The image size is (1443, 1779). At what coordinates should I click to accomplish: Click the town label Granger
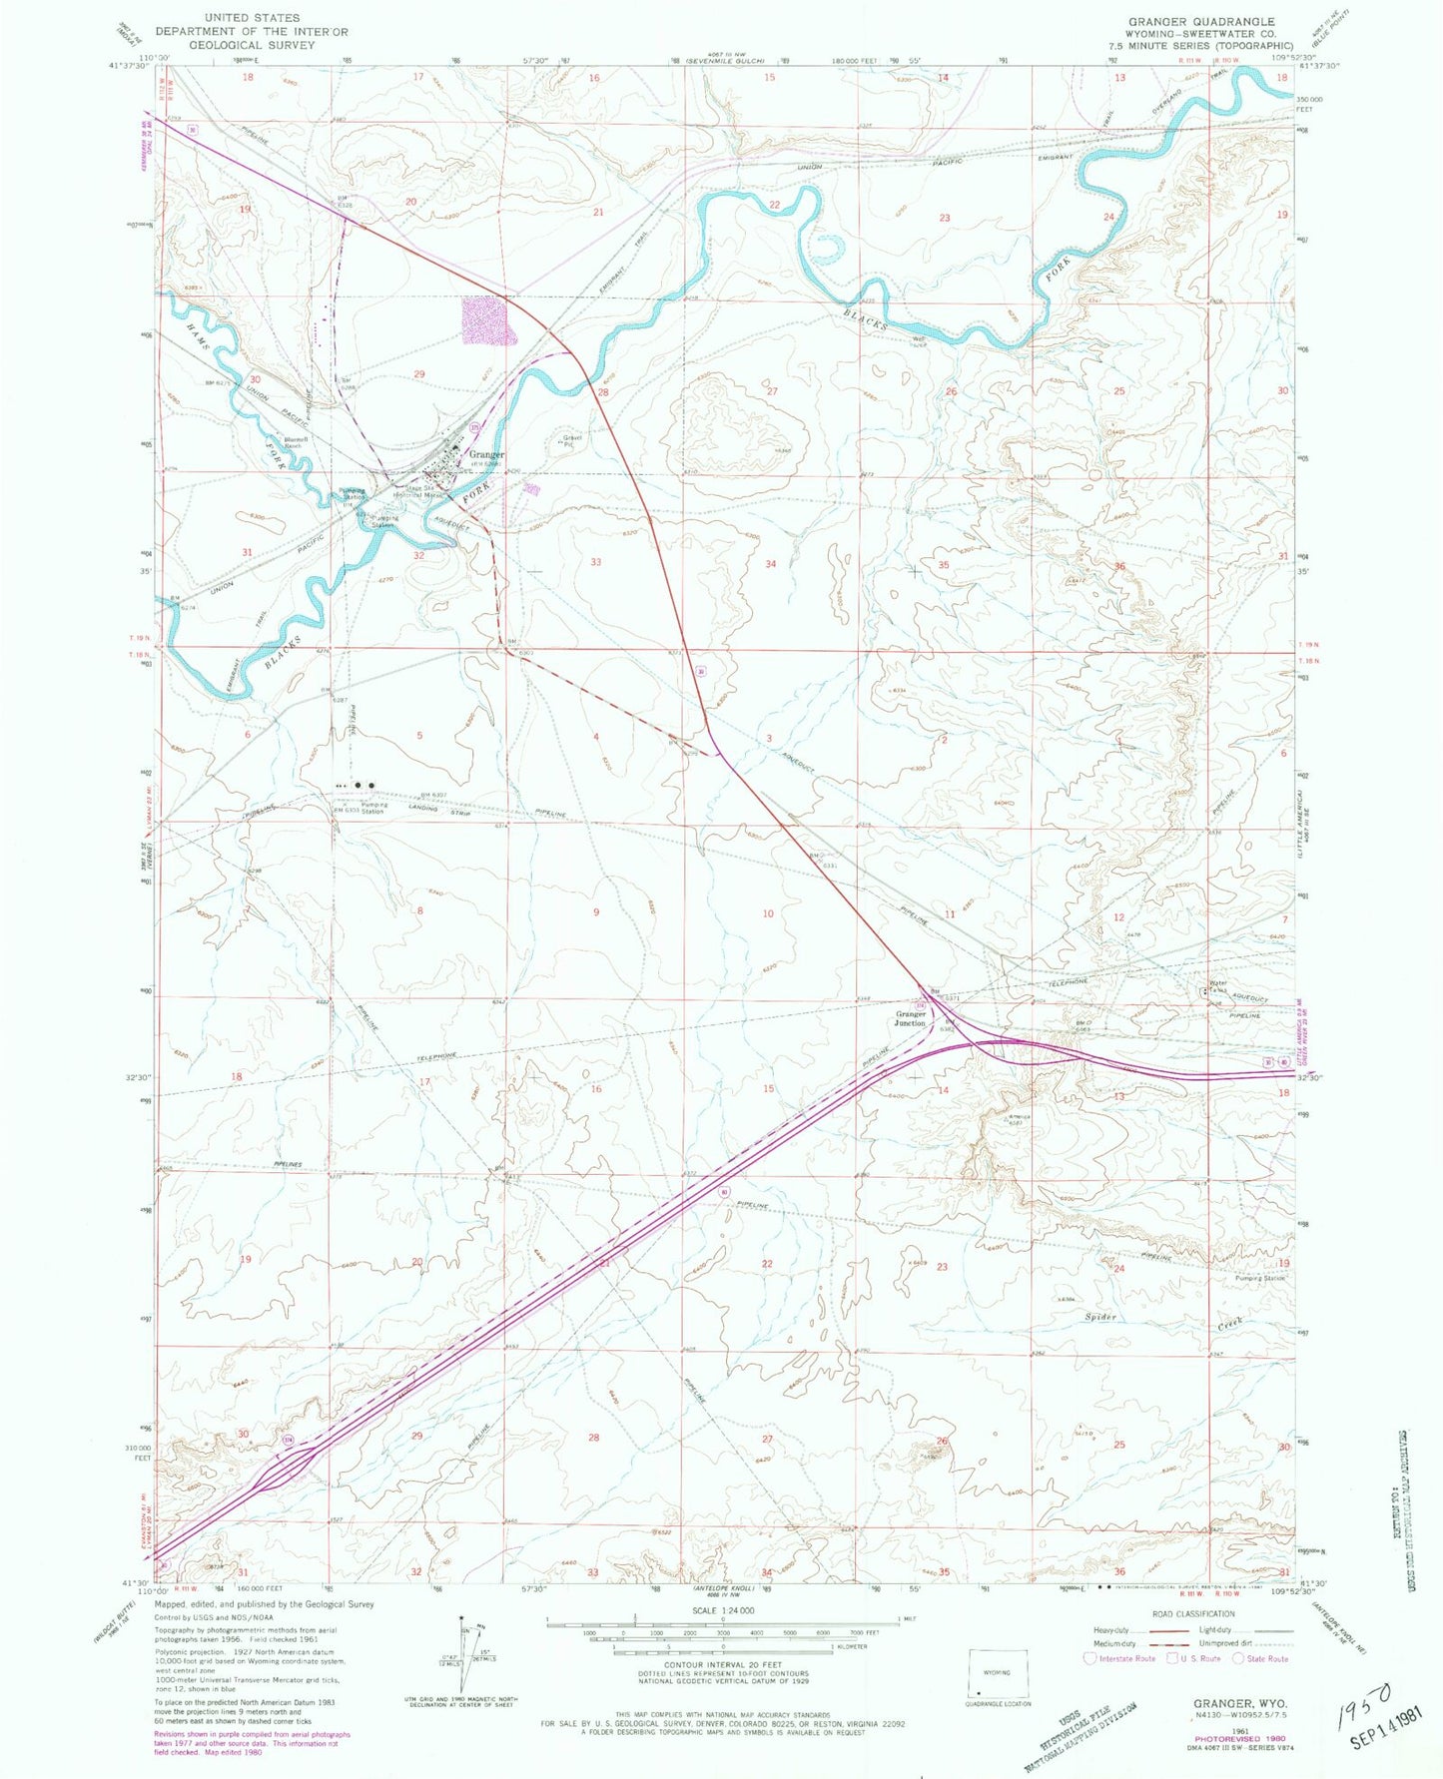point(486,454)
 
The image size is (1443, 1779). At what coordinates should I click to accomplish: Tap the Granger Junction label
point(910,1018)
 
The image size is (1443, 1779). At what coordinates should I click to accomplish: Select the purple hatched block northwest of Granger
point(486,320)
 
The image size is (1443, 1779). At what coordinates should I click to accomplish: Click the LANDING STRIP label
point(423,808)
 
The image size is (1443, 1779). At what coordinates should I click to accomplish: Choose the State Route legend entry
point(1260,1658)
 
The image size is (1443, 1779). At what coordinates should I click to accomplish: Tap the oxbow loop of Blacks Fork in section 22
point(828,249)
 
